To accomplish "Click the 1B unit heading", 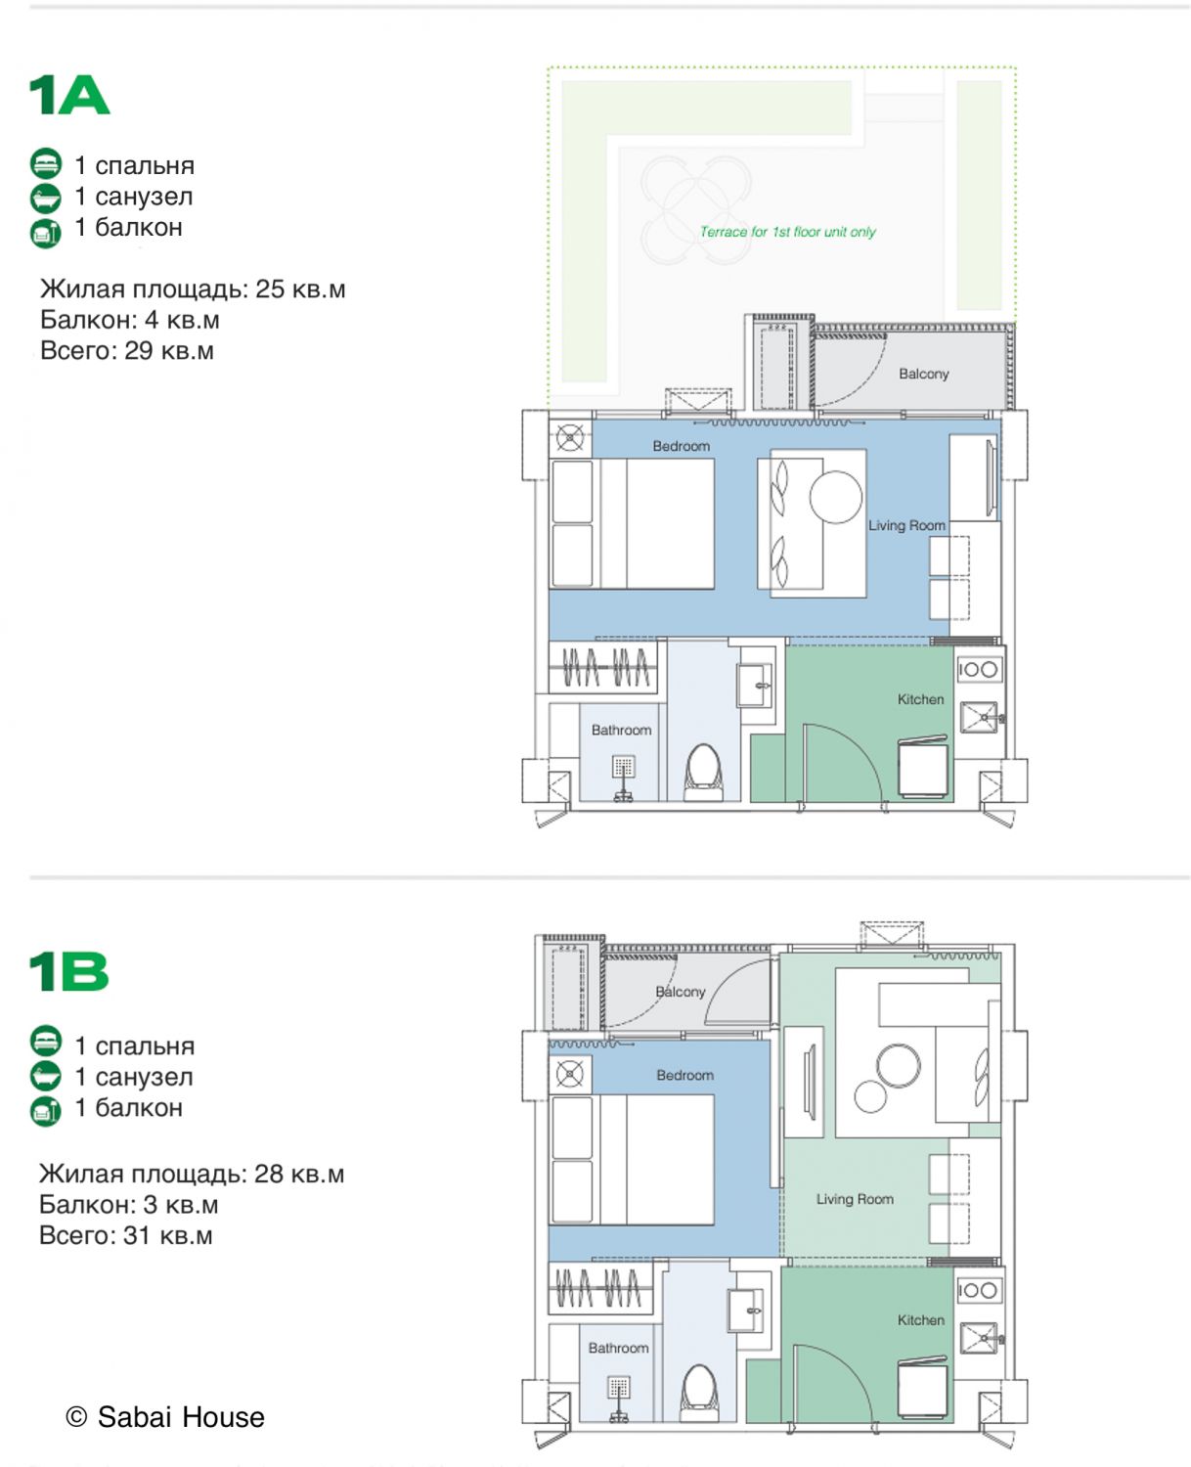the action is pyautogui.click(x=68, y=972).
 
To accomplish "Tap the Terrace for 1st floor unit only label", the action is pyautogui.click(x=787, y=232).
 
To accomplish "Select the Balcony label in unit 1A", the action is pyautogui.click(x=923, y=374).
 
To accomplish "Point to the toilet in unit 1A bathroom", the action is pyautogui.click(x=703, y=772).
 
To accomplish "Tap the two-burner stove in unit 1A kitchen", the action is pyautogui.click(x=979, y=669).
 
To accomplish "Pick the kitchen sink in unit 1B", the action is pyautogui.click(x=979, y=1338).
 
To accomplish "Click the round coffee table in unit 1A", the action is pyautogui.click(x=836, y=497).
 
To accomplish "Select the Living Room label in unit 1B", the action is pyautogui.click(x=855, y=1199).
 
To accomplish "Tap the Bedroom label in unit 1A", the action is pyautogui.click(x=681, y=446).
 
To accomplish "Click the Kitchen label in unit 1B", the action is pyautogui.click(x=920, y=1319).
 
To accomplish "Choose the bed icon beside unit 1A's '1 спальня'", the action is pyautogui.click(x=46, y=164).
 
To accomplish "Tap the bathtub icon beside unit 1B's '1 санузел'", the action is pyautogui.click(x=46, y=1077).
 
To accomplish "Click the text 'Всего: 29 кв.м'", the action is pyautogui.click(x=127, y=350).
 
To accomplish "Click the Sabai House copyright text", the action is pyautogui.click(x=165, y=1417).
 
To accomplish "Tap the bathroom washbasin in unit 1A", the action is pyautogui.click(x=755, y=686).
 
